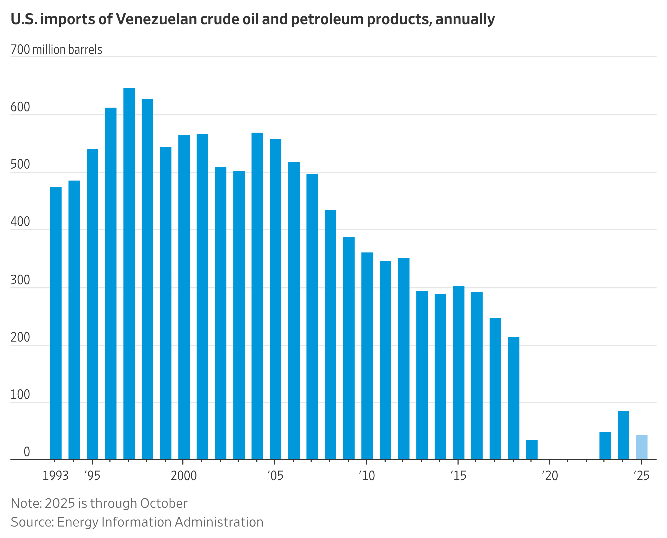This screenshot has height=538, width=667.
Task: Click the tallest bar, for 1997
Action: click(129, 273)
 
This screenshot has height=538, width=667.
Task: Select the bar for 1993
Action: click(56, 322)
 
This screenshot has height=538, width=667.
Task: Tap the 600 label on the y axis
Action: click(20, 107)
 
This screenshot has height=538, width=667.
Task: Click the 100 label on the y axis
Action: click(20, 394)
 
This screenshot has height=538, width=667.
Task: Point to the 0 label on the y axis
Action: click(27, 452)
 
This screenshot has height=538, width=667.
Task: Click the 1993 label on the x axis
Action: click(55, 475)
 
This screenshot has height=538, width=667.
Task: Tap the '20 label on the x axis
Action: click(549, 475)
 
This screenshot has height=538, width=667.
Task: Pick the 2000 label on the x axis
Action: click(183, 475)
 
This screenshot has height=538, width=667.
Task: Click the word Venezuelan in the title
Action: click(157, 19)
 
